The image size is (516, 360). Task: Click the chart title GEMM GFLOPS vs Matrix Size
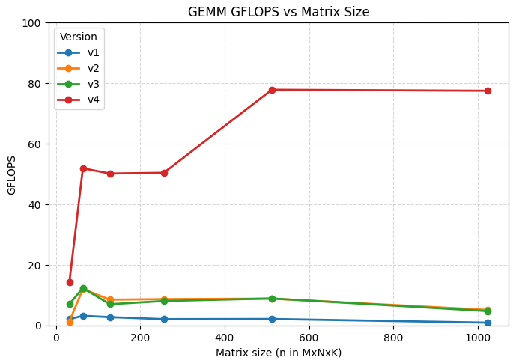(x=279, y=12)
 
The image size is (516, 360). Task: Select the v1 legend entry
(x=78, y=52)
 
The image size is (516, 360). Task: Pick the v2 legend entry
(x=78, y=68)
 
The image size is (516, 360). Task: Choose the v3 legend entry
(x=78, y=84)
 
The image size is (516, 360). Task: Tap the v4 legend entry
(x=78, y=100)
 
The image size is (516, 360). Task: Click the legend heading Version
(x=79, y=37)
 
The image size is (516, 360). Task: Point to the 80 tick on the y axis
(x=34, y=84)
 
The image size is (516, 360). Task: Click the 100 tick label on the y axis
(x=31, y=23)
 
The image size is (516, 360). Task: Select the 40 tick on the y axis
(x=34, y=204)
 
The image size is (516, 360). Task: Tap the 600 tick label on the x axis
(x=309, y=338)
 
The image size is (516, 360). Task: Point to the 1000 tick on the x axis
(x=477, y=338)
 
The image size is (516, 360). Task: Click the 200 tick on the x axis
(x=141, y=338)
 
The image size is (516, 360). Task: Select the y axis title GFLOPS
(x=11, y=175)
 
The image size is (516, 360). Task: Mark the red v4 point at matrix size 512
(x=272, y=90)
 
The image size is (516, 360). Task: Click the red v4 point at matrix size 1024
(x=488, y=91)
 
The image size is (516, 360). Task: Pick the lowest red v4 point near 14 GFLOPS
(x=70, y=282)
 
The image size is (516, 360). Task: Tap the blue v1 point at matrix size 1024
(x=488, y=323)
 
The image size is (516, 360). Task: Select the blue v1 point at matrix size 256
(x=164, y=319)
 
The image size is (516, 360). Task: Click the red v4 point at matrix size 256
(x=164, y=173)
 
